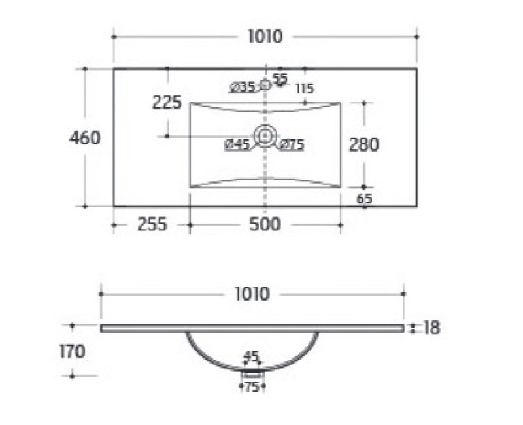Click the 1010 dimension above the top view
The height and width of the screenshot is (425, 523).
click(x=265, y=37)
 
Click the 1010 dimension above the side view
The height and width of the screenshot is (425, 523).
click(x=252, y=294)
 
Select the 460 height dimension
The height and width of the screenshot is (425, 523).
click(x=85, y=137)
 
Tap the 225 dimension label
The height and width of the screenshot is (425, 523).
click(x=167, y=102)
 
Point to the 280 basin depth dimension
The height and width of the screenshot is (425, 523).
click(x=364, y=144)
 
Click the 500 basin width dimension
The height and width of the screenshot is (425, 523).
click(x=265, y=224)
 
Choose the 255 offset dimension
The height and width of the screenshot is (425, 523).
click(x=152, y=224)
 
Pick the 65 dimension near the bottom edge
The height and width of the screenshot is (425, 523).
click(x=364, y=199)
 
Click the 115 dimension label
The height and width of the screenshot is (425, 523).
click(x=305, y=89)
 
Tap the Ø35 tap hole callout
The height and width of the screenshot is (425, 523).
click(x=243, y=88)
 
